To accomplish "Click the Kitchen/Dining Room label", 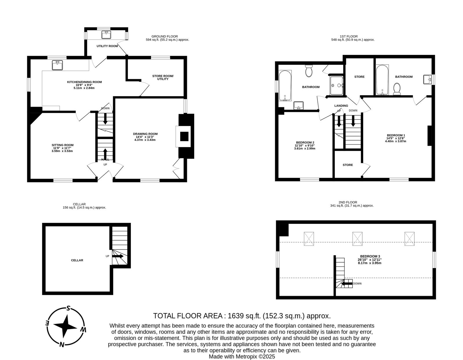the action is pos(84,82).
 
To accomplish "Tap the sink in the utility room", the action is pos(106,35).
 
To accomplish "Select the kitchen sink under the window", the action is pos(57,65).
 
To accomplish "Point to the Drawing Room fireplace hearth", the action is pos(183,136).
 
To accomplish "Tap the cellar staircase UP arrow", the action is pos(117,256).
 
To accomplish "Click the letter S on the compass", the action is pos(68,308).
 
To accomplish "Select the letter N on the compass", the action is pos(62,344).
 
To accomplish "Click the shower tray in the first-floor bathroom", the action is pos(337,85).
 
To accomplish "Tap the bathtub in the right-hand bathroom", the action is pos(382,80).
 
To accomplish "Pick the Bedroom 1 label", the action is pos(396,135).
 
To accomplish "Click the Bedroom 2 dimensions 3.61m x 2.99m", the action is pos(305,148).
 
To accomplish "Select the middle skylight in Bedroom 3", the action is pos(357,239).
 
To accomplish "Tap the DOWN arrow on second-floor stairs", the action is pos(347,284).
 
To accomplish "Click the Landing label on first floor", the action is pos(341,106).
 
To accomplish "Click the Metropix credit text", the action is pos(242,357).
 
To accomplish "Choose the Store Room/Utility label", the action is pos(163,77).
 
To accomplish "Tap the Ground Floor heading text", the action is pos(164,36).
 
